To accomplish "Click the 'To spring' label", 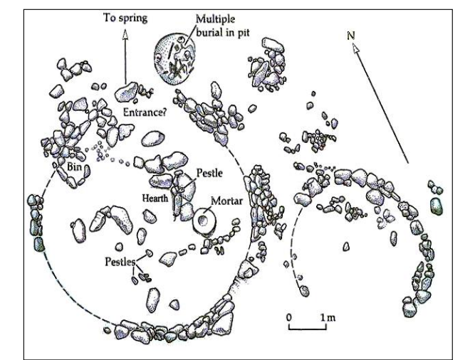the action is click(125, 18).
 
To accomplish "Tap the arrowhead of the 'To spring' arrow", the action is click(125, 34).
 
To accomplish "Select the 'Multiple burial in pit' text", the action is click(223, 26).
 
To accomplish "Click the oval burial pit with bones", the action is click(174, 58).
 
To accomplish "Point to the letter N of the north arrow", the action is click(351, 36).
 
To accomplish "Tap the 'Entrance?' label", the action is click(145, 112).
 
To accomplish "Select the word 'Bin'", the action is click(74, 166).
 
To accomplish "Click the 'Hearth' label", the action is click(155, 198).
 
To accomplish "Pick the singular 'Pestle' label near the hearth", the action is click(209, 173).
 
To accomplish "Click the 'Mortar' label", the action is click(226, 201).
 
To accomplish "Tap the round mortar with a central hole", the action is click(203, 221).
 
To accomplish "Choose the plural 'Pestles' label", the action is click(120, 262).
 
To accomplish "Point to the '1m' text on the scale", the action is click(328, 317).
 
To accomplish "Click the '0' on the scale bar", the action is click(289, 317).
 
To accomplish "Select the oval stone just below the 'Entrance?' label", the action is click(153, 139).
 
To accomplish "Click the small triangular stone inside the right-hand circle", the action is click(346, 247).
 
